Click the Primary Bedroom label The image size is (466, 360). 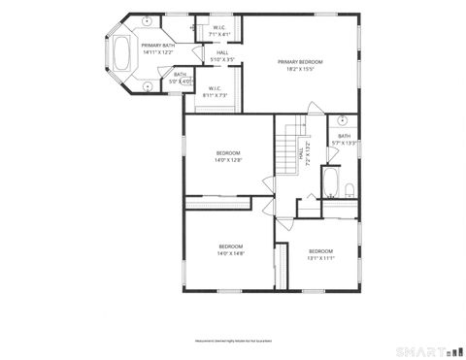tap(299, 65)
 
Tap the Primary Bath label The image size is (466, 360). tap(157, 49)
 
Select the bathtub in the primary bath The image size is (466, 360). tap(124, 53)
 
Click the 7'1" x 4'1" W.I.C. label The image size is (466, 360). tap(219, 30)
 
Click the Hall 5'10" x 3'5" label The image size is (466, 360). tap(222, 56)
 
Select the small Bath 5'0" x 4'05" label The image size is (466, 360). tap(181, 78)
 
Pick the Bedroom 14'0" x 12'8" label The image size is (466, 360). tap(228, 156)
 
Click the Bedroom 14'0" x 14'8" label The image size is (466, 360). tap(231, 249)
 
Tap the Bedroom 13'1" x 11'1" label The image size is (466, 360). tap(320, 254)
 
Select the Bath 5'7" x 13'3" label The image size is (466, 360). tap(345, 139)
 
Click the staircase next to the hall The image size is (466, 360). tap(286, 150)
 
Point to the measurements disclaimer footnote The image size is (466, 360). tap(231, 341)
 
